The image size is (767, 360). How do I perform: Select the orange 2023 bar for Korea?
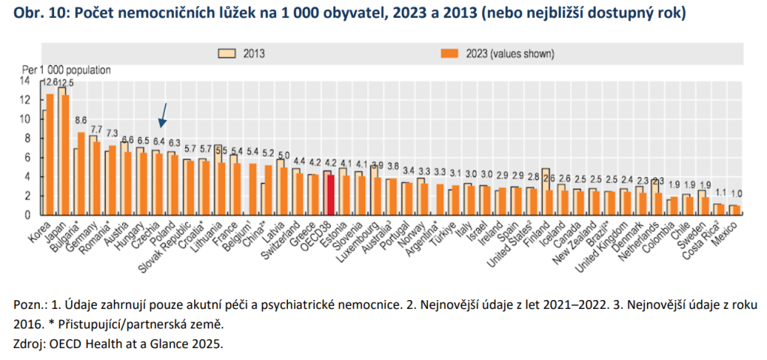(x=50, y=154)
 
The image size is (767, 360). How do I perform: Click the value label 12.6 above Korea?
(x=49, y=82)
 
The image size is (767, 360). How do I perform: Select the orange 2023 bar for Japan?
(x=64, y=154)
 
